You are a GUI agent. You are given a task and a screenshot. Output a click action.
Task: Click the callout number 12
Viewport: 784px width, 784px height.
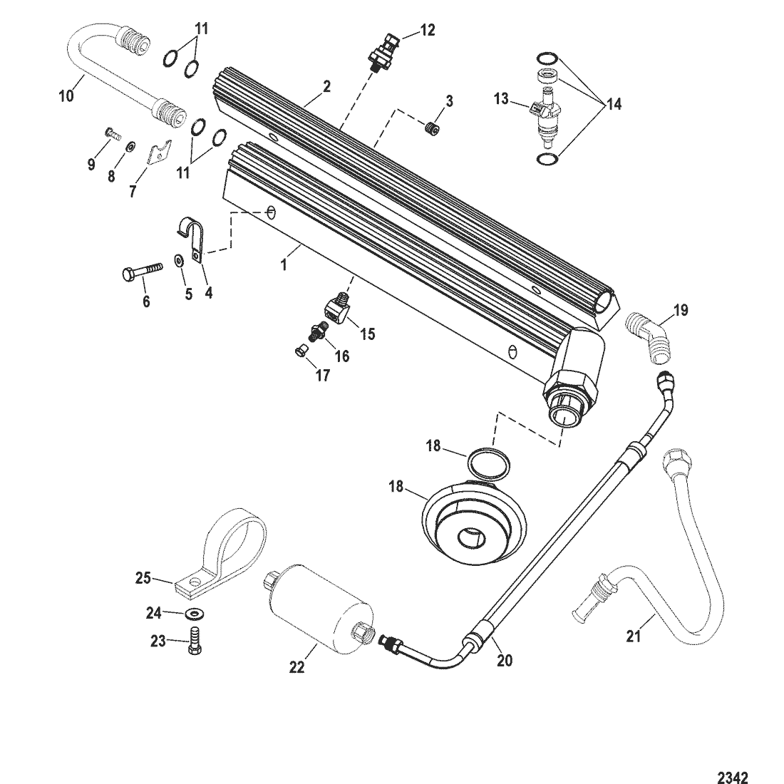pos(428,30)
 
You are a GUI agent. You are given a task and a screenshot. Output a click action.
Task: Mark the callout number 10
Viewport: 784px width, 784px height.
pos(66,94)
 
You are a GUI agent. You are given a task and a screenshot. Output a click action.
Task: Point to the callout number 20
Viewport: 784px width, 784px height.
pos(505,661)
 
